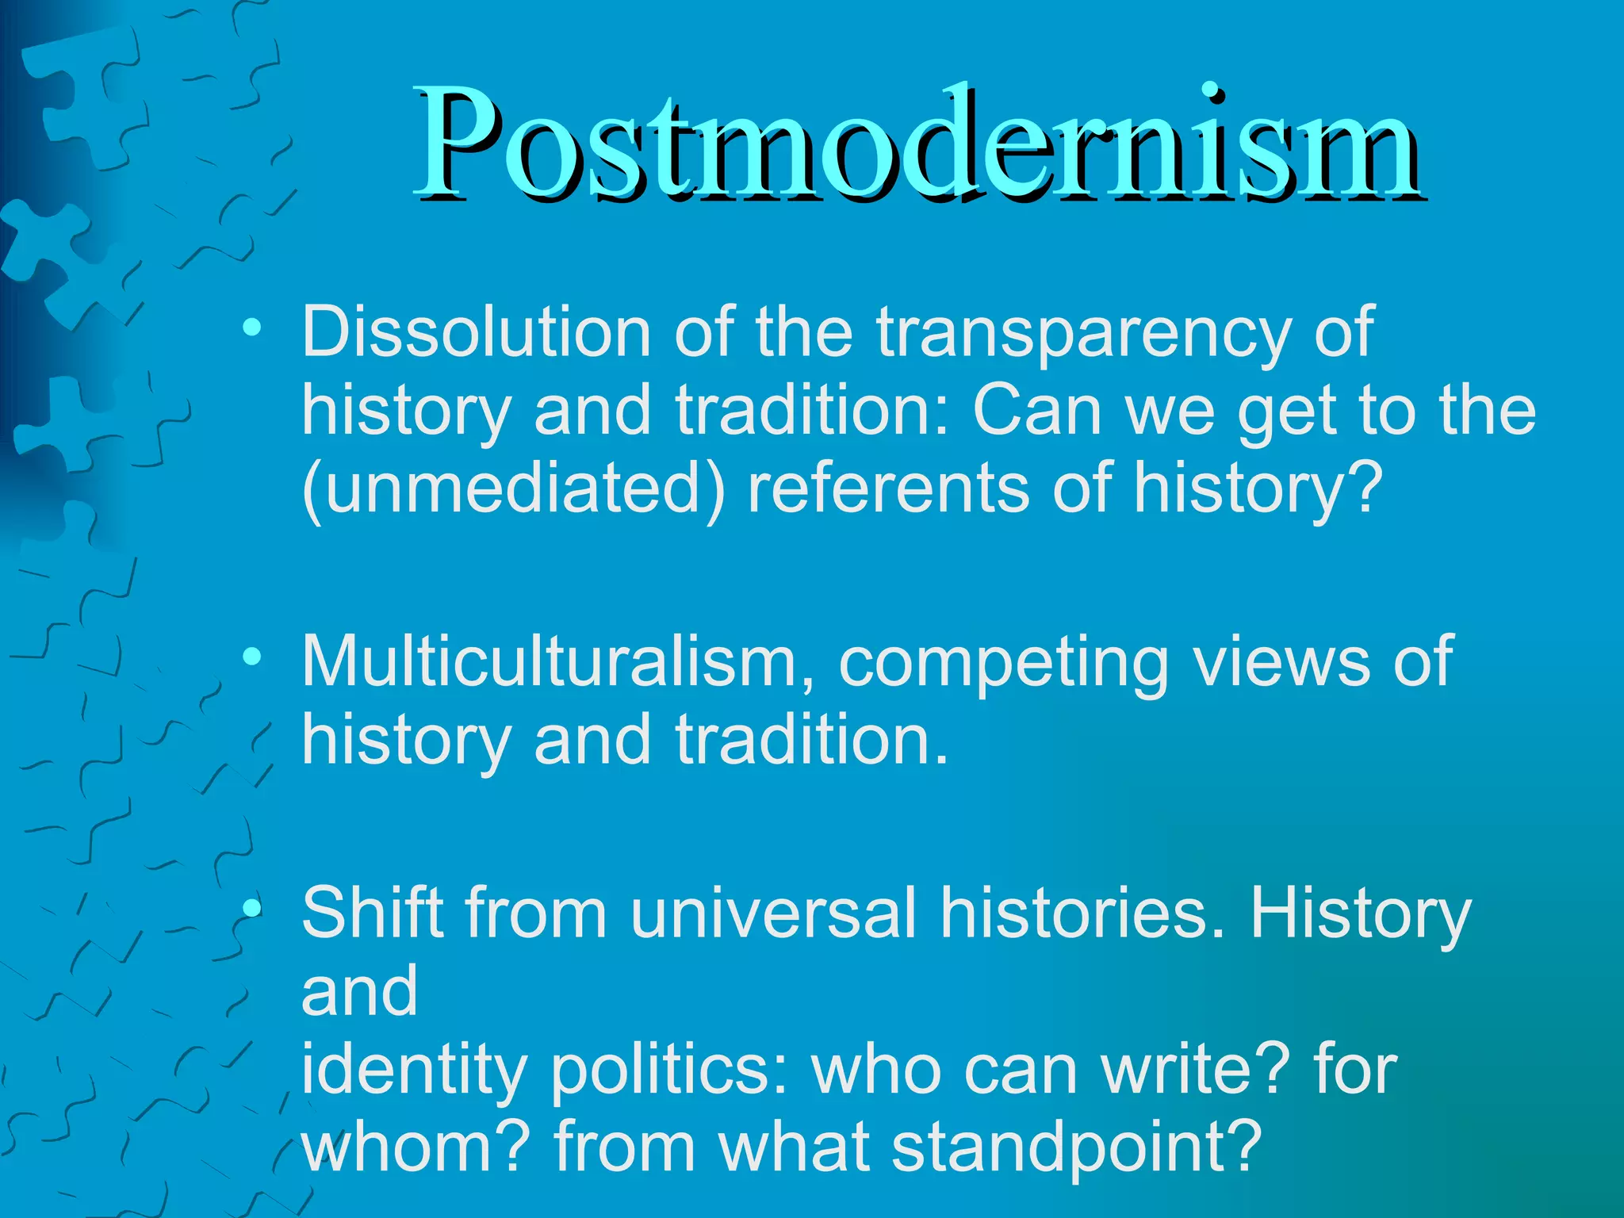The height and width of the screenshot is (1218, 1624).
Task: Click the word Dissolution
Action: click(x=476, y=333)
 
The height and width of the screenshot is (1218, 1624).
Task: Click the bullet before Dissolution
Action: click(x=252, y=327)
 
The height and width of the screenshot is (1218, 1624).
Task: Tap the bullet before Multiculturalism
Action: click(x=252, y=656)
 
